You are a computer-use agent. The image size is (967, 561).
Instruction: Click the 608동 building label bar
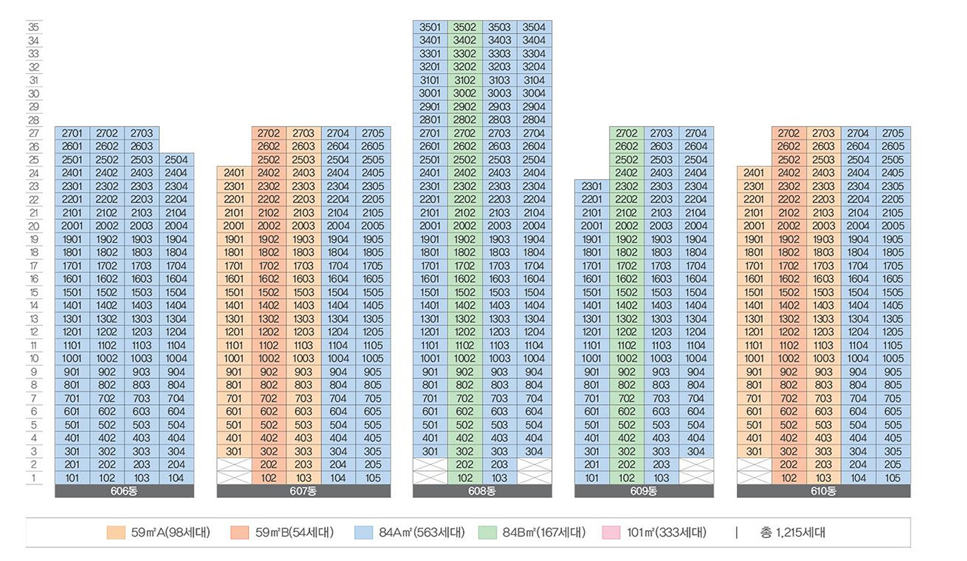pyautogui.click(x=482, y=491)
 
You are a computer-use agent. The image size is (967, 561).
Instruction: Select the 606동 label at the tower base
pyautogui.click(x=124, y=491)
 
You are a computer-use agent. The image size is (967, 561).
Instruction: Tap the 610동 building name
pyautogui.click(x=823, y=491)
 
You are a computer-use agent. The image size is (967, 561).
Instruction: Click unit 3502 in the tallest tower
pyautogui.click(x=464, y=27)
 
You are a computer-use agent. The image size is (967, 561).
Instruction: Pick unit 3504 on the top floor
pyautogui.click(x=534, y=27)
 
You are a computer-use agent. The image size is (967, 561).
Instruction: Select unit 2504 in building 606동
pyautogui.click(x=176, y=159)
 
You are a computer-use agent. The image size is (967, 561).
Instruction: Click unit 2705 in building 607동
pyautogui.click(x=373, y=133)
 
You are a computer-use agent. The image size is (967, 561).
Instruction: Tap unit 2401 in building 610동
pyautogui.click(x=754, y=173)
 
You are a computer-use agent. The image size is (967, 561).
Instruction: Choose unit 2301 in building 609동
pyautogui.click(x=592, y=186)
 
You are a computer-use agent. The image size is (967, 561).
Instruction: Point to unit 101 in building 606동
pyautogui.click(x=72, y=478)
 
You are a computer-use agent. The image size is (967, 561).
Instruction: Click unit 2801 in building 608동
pyautogui.click(x=430, y=120)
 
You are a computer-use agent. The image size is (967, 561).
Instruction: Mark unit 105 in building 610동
pyautogui.click(x=893, y=478)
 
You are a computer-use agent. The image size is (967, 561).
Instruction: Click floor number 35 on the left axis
pyautogui.click(x=34, y=27)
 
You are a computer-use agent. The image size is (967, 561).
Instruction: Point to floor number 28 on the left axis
pyautogui.click(x=34, y=120)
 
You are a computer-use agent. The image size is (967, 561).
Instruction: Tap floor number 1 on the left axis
pyautogui.click(x=34, y=478)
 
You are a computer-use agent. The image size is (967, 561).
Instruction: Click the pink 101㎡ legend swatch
pyautogui.click(x=611, y=533)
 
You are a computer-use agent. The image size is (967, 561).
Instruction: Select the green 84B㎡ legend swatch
pyautogui.click(x=487, y=533)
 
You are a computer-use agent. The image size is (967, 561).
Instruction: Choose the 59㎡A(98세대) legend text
pyautogui.click(x=170, y=533)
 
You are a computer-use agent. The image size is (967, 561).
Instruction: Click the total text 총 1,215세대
pyautogui.click(x=792, y=533)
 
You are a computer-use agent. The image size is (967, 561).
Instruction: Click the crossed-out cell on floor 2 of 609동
pyautogui.click(x=696, y=464)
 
